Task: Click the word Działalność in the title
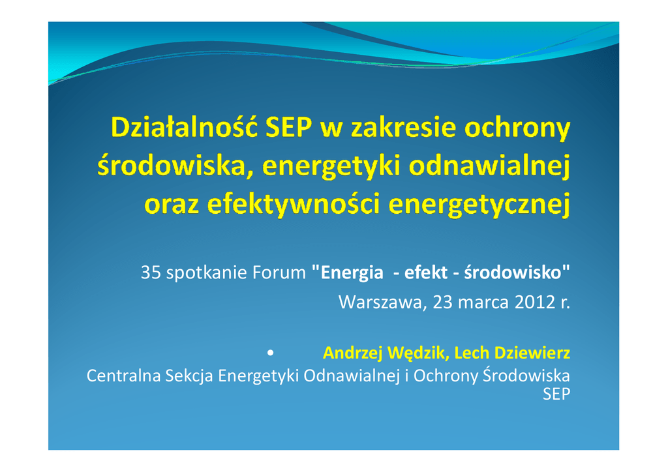click(x=184, y=126)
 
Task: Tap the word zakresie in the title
click(x=402, y=127)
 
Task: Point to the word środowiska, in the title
click(x=172, y=166)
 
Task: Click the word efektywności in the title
click(x=293, y=203)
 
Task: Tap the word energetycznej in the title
click(x=479, y=205)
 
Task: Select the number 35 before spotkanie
click(x=151, y=273)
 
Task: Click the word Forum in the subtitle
click(x=279, y=273)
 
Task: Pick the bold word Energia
click(x=352, y=273)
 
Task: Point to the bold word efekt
click(x=425, y=273)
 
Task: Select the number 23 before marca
click(x=442, y=302)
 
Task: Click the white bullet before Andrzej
click(x=270, y=353)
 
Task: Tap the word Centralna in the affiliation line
click(x=123, y=376)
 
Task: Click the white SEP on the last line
click(x=556, y=394)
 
